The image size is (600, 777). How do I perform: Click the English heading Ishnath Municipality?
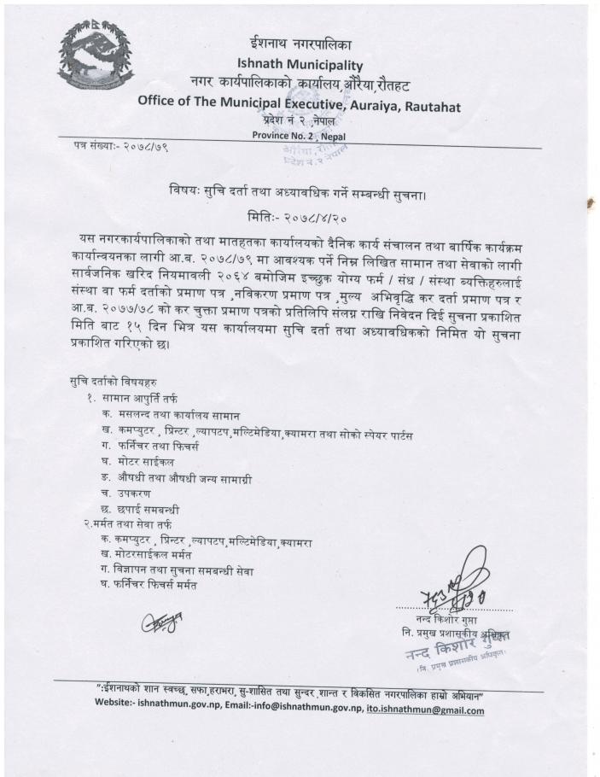coord(300,64)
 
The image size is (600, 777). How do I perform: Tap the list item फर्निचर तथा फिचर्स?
coord(167,453)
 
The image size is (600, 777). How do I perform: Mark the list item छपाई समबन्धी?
coord(159,511)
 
